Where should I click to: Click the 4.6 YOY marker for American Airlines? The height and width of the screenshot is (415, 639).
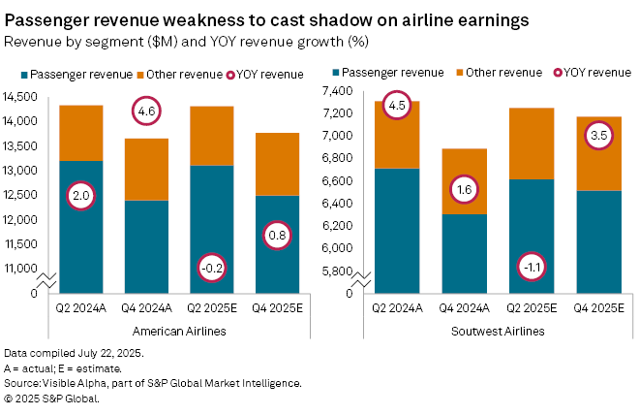146,112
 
